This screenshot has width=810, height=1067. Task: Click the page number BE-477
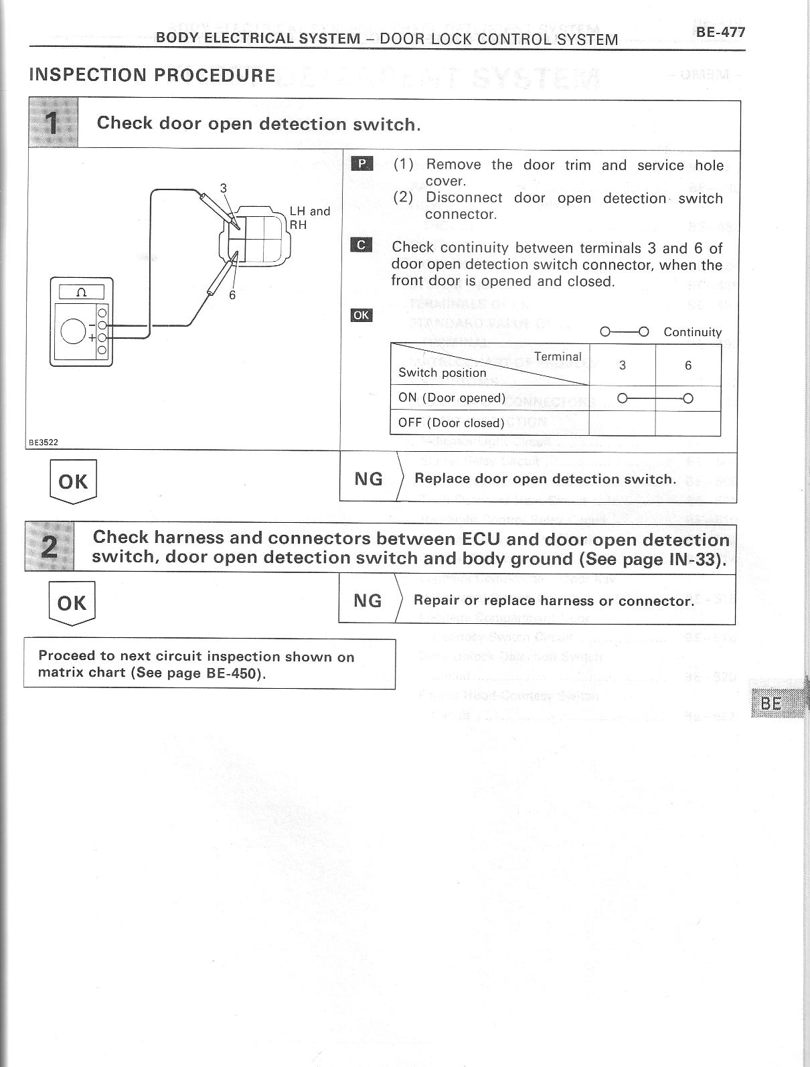[720, 31]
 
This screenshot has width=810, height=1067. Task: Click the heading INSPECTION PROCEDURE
[152, 75]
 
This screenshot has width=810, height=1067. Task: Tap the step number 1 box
[54, 123]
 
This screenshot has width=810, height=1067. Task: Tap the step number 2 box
[50, 548]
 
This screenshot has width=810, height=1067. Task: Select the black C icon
[361, 245]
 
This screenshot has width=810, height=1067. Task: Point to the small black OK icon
[361, 315]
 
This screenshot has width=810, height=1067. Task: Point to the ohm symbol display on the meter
[82, 292]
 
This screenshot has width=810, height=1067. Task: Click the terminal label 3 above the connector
[224, 189]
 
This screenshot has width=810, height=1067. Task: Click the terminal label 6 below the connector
[232, 295]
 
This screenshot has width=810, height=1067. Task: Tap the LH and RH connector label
[309, 218]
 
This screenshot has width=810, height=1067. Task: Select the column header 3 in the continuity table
[623, 365]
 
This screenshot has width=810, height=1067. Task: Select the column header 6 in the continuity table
[688, 365]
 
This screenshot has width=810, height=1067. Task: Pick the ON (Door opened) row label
[452, 398]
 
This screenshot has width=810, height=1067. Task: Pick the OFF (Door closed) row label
[451, 423]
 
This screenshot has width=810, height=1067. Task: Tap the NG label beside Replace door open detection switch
[368, 479]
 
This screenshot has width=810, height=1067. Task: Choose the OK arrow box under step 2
[72, 604]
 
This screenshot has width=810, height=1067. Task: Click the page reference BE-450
[233, 673]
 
